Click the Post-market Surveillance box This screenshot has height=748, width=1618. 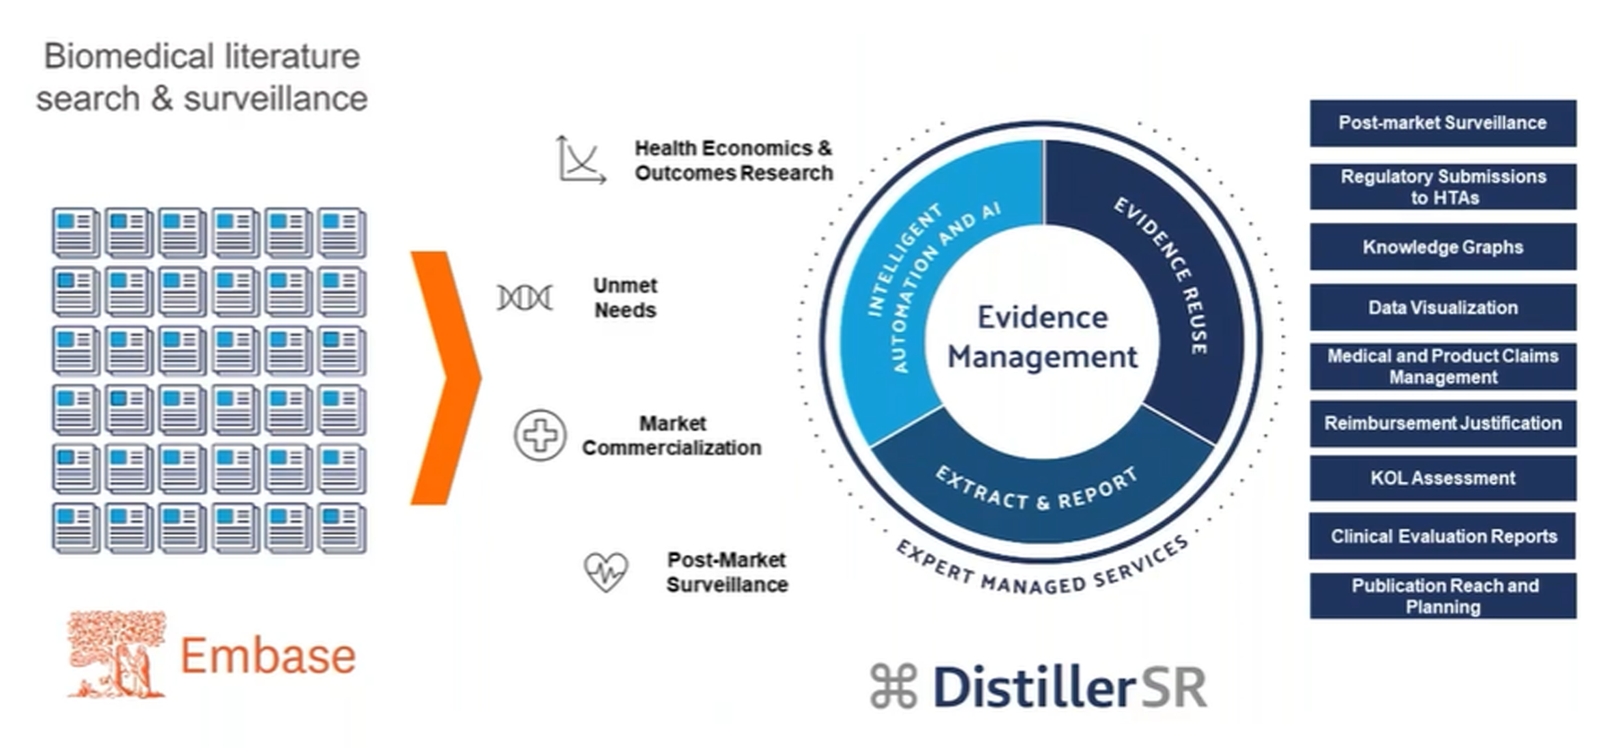[1442, 123]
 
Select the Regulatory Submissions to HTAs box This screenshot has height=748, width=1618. [1442, 186]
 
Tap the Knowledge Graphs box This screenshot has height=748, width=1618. [1442, 247]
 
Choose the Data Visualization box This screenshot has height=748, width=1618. [1442, 308]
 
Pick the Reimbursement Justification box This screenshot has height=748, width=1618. [1442, 423]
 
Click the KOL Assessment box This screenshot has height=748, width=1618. [1442, 478]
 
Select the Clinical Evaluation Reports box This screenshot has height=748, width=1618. [1442, 536]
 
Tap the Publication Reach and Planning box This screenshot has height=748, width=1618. [1442, 596]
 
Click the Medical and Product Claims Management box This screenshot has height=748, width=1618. [1442, 366]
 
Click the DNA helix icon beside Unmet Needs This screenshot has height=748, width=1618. [524, 298]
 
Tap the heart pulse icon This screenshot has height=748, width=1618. [606, 572]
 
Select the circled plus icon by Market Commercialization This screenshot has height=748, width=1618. [539, 435]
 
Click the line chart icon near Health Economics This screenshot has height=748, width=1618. [581, 159]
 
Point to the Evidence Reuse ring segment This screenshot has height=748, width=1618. [1180, 278]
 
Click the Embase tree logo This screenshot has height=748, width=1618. [116, 655]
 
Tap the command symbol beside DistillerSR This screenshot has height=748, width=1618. [893, 686]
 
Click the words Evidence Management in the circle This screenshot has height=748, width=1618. [1042, 337]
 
